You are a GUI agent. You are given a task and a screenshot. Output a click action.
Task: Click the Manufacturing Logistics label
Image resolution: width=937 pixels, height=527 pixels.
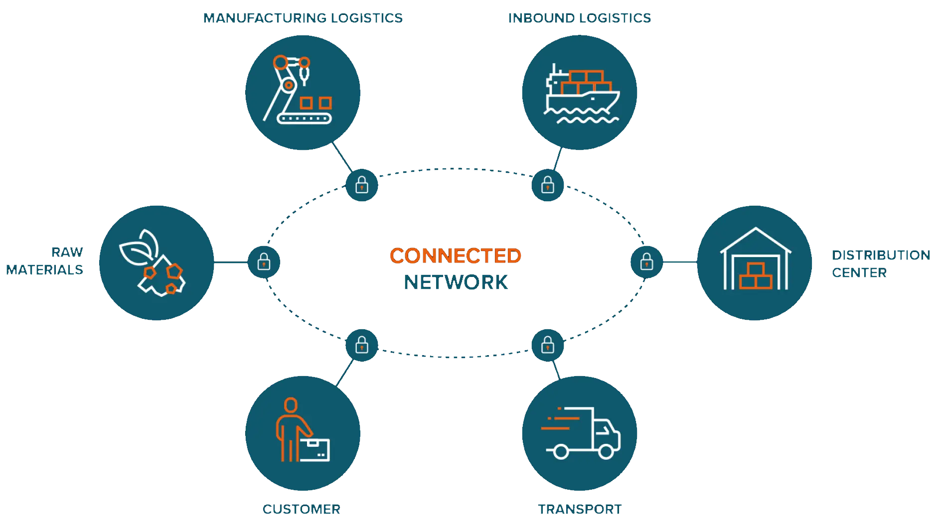tap(303, 18)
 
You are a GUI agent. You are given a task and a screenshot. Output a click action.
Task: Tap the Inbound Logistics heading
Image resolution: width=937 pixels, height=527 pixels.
tap(579, 18)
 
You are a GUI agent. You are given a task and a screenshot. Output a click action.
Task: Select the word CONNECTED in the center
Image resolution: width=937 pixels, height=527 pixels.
tap(455, 256)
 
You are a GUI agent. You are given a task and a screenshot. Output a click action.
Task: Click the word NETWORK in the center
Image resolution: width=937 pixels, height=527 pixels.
tap(456, 282)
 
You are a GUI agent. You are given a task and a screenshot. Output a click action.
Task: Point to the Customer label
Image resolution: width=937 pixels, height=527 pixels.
tap(302, 509)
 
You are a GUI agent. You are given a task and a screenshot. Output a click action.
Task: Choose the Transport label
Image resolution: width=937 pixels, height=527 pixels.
tap(580, 509)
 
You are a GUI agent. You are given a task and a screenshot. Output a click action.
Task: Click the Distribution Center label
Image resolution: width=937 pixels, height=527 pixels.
tap(880, 263)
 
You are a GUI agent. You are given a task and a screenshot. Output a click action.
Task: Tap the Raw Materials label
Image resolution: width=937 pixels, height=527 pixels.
tap(45, 261)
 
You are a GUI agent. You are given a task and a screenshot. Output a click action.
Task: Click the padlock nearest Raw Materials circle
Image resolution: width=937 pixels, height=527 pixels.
tap(264, 262)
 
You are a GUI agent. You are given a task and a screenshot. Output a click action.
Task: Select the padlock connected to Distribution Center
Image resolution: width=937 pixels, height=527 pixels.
tap(646, 262)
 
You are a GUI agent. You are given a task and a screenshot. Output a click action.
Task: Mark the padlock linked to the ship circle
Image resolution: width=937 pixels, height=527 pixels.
tap(548, 185)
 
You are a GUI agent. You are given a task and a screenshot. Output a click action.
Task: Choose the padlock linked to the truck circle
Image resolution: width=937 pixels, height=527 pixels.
tap(548, 345)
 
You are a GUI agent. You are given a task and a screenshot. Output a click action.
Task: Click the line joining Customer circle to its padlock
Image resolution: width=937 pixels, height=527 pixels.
tap(345, 373)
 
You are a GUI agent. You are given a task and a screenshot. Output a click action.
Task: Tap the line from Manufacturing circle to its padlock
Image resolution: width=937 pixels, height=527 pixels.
tap(342, 157)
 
